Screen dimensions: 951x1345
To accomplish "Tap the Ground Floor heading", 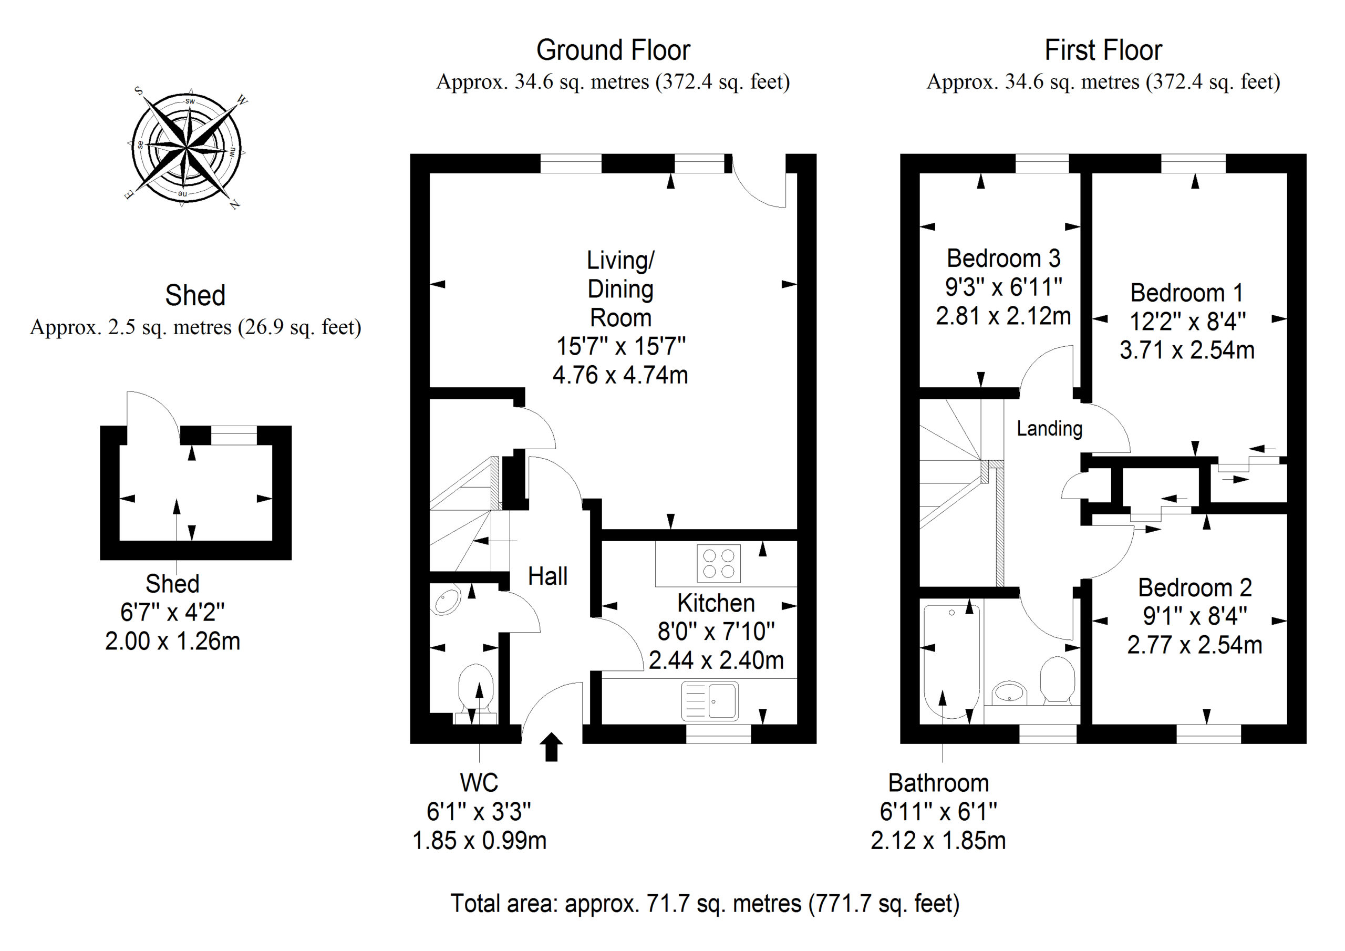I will click(x=613, y=50).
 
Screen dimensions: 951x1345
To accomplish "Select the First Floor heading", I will click(x=1103, y=50).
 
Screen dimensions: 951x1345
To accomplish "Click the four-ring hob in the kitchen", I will click(x=718, y=563).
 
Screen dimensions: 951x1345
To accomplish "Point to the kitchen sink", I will click(x=710, y=701).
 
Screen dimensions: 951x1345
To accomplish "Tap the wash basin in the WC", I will click(x=448, y=601).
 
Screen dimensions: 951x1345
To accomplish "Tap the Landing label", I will click(x=1049, y=428).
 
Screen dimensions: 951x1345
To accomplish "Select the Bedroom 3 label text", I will click(x=1003, y=259).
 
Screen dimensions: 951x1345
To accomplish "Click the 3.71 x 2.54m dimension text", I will click(x=1187, y=350).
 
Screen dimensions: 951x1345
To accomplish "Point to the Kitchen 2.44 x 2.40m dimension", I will click(x=716, y=660).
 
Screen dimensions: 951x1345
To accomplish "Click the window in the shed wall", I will click(x=234, y=435).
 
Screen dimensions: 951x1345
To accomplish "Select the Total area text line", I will click(x=705, y=904).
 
